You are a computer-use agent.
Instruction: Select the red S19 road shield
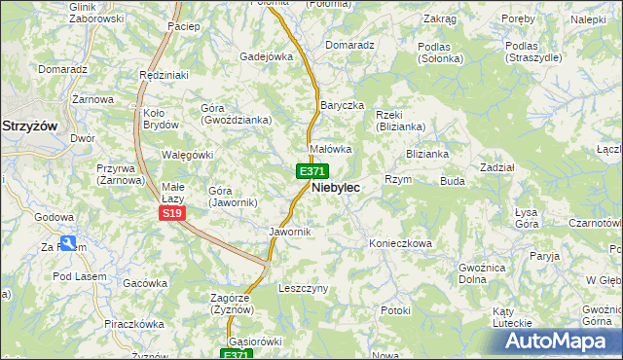point(171,213)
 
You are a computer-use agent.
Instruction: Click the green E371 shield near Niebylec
point(311,171)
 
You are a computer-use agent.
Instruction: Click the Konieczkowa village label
point(400,243)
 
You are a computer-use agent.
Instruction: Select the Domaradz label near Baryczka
point(350,45)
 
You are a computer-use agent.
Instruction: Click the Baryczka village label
point(342,104)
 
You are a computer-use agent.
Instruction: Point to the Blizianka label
point(427,154)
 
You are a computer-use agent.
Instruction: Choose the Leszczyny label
point(304,289)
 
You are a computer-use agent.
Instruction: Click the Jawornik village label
point(289,232)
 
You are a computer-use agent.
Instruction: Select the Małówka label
point(330,149)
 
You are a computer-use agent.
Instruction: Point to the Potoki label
point(396,310)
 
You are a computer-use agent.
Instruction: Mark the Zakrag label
point(440,18)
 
